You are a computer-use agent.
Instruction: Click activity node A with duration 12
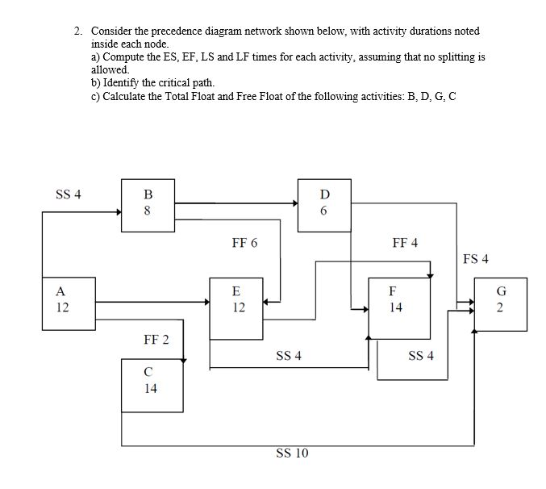63,301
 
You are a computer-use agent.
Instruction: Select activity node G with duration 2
499,301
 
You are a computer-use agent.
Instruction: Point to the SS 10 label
293,453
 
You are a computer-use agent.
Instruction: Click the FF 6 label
244,242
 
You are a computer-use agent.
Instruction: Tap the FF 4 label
405,242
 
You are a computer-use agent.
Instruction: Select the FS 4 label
476,259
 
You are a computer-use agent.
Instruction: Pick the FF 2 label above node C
156,339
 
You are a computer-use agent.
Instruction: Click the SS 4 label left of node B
68,194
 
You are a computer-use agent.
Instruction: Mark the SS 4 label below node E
288,355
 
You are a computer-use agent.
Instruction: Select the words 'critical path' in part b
182,83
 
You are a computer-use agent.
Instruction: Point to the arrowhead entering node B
117,213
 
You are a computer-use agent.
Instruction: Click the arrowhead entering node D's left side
294,203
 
